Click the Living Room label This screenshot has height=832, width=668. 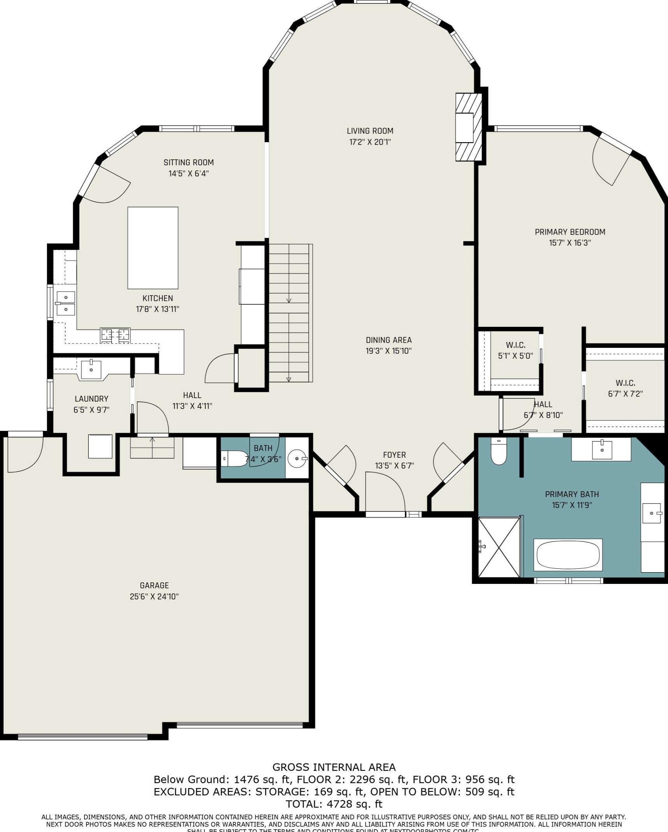370,131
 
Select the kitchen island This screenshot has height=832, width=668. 153,248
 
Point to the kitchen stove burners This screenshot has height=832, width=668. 115,335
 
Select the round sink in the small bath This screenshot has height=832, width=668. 297,459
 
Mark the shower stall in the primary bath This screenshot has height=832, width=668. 499,547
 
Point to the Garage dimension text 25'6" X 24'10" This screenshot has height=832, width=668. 154,596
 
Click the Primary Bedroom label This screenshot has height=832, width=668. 570,232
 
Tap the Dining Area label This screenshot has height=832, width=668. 388,340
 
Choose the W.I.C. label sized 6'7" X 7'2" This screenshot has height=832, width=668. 625,383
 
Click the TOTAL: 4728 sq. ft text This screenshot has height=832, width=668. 334,804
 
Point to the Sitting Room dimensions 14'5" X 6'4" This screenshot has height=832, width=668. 188,174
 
